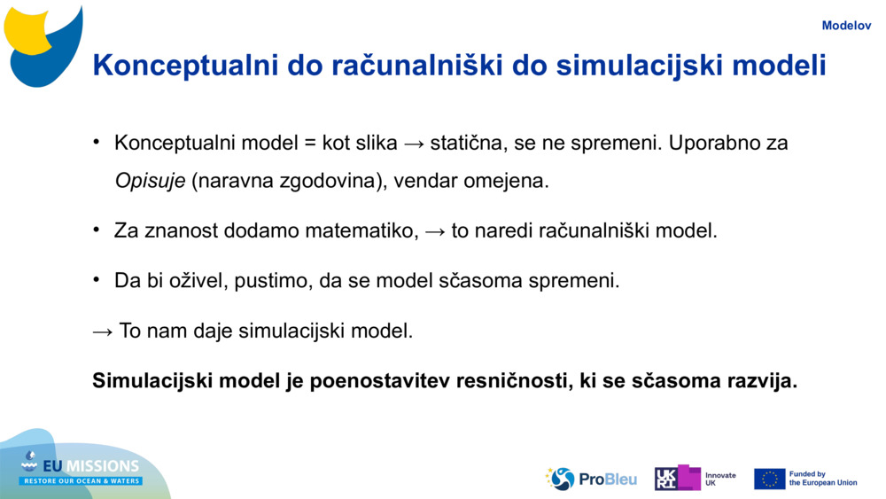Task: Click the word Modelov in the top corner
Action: coord(846,26)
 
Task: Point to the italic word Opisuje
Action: coord(150,181)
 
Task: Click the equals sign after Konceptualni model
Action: coord(309,144)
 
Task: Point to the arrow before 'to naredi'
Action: coord(434,231)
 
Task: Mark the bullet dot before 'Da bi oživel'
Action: coord(97,279)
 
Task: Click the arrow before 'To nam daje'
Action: coord(102,331)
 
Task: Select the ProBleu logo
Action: coord(590,480)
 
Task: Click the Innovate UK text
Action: coord(720,480)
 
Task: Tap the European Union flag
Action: coord(769,480)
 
